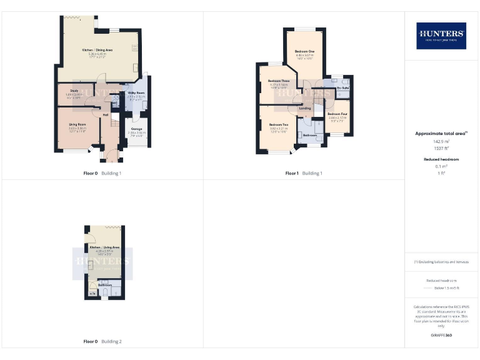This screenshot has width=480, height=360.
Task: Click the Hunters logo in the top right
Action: (x=441, y=36)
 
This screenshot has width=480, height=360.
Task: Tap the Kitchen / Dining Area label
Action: (x=97, y=49)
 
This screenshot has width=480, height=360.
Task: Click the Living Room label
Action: (x=77, y=124)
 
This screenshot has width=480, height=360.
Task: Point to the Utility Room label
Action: (x=136, y=92)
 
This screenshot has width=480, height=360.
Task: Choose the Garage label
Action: (x=136, y=129)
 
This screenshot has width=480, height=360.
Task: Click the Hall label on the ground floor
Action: (x=106, y=115)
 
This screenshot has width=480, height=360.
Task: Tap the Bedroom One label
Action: (x=304, y=51)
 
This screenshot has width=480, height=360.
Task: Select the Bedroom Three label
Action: (x=279, y=81)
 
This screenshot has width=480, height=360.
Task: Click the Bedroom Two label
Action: (x=278, y=125)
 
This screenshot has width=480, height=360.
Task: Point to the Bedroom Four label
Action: (x=337, y=114)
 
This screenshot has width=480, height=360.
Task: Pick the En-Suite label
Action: (x=342, y=88)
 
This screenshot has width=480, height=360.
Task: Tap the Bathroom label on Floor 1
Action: (x=310, y=135)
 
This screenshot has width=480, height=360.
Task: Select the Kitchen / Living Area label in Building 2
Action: (x=104, y=247)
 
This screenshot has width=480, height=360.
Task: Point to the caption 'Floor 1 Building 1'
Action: (x=303, y=173)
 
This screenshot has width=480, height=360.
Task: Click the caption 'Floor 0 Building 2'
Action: (x=102, y=342)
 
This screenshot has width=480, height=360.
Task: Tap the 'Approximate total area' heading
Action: (x=441, y=134)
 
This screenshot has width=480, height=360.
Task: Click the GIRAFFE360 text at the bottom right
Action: (x=441, y=336)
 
